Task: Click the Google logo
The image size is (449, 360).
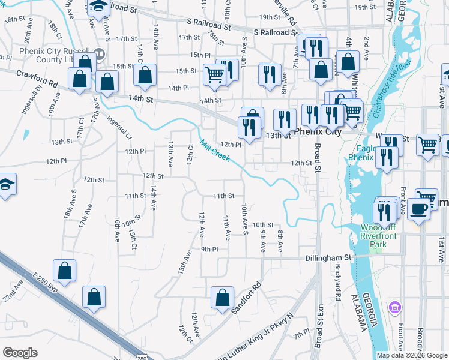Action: [20, 353]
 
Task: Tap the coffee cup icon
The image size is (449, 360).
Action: [420, 209]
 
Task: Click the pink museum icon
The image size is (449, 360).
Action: [394, 308]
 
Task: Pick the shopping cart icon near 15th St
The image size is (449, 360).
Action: [214, 74]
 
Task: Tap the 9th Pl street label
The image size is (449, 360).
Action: [209, 249]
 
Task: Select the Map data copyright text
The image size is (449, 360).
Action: [411, 355]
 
